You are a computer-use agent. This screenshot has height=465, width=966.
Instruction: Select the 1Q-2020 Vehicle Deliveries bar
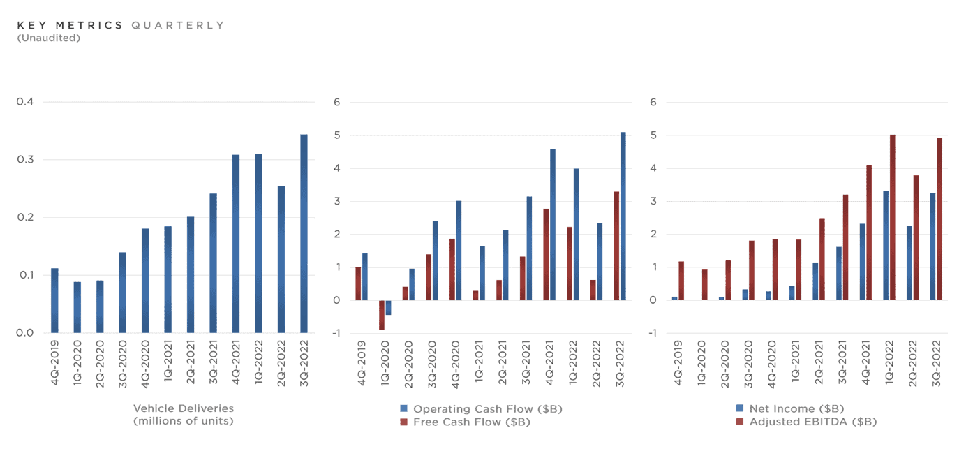coord(77,307)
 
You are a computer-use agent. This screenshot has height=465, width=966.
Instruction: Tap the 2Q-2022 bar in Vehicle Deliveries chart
coord(281,259)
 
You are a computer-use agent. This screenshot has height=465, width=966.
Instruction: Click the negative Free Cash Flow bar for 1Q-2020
coord(382,315)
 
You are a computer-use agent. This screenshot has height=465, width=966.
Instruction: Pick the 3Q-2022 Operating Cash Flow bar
coord(623,216)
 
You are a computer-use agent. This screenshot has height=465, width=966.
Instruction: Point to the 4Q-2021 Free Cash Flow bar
coord(546,254)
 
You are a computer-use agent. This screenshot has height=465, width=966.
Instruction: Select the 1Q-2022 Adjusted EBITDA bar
coord(892,217)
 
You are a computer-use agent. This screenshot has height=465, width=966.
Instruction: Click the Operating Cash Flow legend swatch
coord(403,408)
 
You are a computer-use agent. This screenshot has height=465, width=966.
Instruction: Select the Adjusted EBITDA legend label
coord(812,422)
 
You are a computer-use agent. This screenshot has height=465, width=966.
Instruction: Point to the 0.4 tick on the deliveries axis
coord(25,103)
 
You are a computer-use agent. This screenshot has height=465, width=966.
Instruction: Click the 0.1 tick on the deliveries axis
coord(25,275)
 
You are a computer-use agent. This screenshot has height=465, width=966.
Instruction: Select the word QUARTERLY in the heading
coord(178,25)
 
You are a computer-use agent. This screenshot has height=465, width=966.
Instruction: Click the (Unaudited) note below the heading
coord(48,38)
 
